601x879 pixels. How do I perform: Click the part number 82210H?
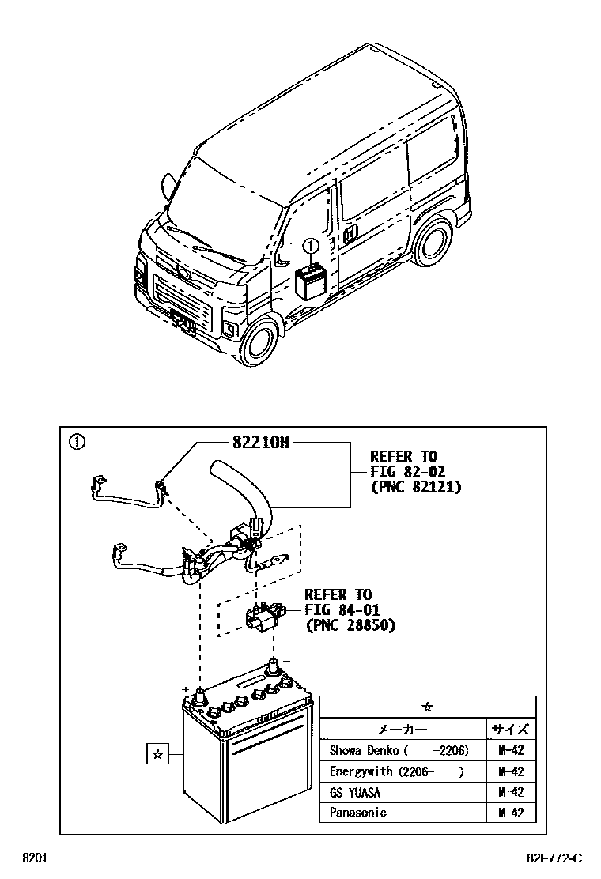coord(260,443)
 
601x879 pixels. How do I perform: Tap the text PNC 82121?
coord(415,487)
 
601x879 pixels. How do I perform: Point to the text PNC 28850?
coord(350,624)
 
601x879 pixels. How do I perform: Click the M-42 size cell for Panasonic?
coord(511,813)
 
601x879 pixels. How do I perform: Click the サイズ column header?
coord(511,729)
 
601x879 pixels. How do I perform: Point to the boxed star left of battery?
coord(157,754)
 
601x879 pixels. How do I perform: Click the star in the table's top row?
coord(428,707)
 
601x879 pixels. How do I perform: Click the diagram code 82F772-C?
coord(554,858)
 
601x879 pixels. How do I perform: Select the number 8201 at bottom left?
coord(34,858)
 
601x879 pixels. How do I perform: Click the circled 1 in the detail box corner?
coord(76,442)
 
